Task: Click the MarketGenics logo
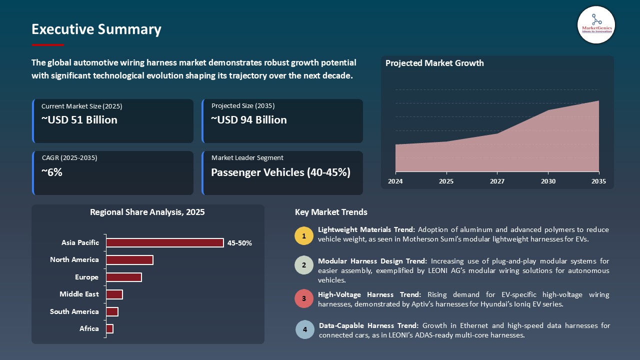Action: [596, 24]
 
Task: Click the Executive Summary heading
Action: [96, 29]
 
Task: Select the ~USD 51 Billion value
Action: [79, 120]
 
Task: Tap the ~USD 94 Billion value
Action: [249, 120]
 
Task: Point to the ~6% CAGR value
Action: [52, 172]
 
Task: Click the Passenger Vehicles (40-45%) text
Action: [280, 172]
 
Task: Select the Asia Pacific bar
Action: [165, 243]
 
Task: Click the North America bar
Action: [129, 260]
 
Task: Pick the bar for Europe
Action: [124, 277]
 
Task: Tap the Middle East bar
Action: [114, 294]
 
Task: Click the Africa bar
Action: [110, 328]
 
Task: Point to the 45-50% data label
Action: [239, 243]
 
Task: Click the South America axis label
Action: [74, 311]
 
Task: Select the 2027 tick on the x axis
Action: [497, 181]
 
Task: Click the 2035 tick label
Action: [598, 181]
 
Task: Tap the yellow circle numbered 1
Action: [304, 235]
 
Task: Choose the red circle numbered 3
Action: [304, 298]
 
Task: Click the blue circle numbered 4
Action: [304, 329]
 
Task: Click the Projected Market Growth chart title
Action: [434, 63]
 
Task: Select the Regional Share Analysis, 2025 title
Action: [147, 212]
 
